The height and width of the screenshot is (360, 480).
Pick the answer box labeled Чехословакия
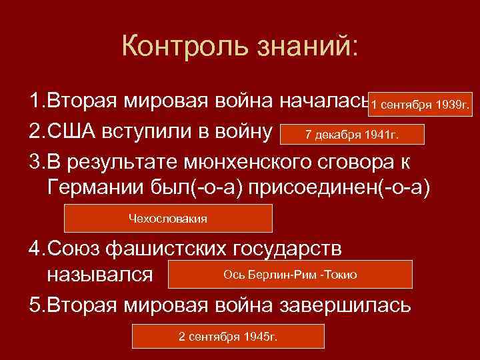167,218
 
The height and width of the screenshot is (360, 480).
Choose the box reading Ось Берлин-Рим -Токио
290,274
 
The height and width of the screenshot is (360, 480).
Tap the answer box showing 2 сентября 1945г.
228,336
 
